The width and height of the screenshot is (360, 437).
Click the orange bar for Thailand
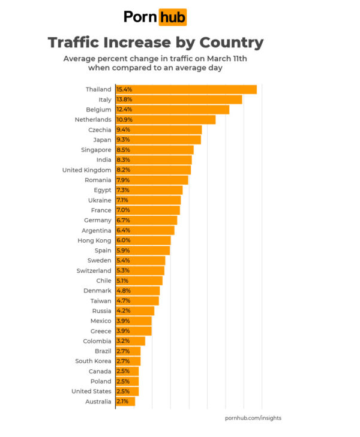(186, 89)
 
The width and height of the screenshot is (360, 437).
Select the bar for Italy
(179, 100)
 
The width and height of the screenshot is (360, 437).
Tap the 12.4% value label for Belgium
(124, 110)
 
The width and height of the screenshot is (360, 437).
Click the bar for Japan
(158, 140)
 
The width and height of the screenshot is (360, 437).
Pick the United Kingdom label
(86, 170)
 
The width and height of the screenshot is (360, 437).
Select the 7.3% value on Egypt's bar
(123, 190)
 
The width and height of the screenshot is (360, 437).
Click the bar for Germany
(146, 221)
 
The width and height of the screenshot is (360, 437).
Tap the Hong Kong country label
(95, 240)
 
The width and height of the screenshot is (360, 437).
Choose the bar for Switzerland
(140, 271)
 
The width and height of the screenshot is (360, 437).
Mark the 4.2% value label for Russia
(123, 311)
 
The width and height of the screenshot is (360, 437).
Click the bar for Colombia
(130, 341)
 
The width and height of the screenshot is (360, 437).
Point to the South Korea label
(93, 361)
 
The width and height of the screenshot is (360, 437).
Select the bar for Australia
(125, 402)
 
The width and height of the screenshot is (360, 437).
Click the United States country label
(91, 391)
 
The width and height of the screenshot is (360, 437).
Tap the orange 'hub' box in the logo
(172, 17)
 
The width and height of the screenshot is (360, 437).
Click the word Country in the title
(228, 43)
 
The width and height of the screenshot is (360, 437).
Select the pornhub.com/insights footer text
(253, 418)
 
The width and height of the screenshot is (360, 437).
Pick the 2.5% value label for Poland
(123, 381)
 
